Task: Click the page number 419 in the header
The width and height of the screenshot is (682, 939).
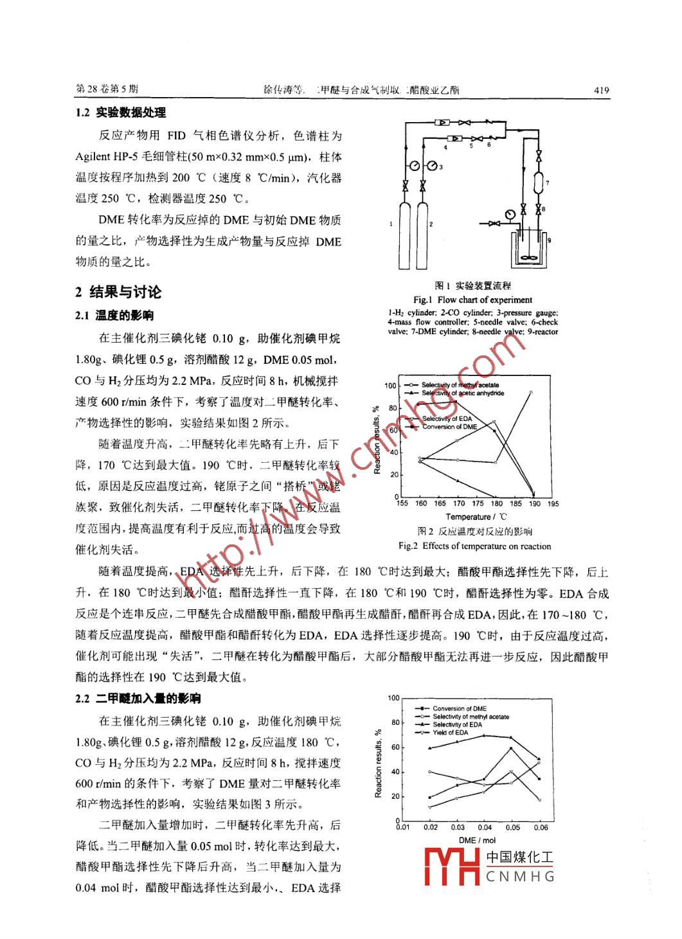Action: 601,91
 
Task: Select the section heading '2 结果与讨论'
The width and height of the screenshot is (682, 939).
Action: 118,292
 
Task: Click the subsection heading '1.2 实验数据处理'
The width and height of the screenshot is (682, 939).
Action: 120,112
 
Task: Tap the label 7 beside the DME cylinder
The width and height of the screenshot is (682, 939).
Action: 547,183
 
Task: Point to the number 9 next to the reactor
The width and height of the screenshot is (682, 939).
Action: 550,239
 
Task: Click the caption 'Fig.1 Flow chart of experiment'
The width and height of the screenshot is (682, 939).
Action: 472,300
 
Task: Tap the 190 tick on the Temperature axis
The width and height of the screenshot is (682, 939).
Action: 535,504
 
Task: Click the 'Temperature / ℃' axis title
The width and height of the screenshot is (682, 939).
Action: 476,517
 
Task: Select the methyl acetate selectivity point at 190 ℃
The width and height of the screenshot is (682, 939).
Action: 531,392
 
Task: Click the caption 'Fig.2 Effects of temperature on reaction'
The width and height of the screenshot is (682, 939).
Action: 474,546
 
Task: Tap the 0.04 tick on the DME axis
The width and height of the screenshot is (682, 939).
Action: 485,827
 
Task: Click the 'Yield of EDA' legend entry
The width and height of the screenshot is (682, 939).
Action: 450,733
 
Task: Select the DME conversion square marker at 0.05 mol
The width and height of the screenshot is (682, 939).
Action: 511,748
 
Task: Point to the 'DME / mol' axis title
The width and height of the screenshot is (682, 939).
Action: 477,840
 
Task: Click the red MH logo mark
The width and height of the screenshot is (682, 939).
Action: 453,866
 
